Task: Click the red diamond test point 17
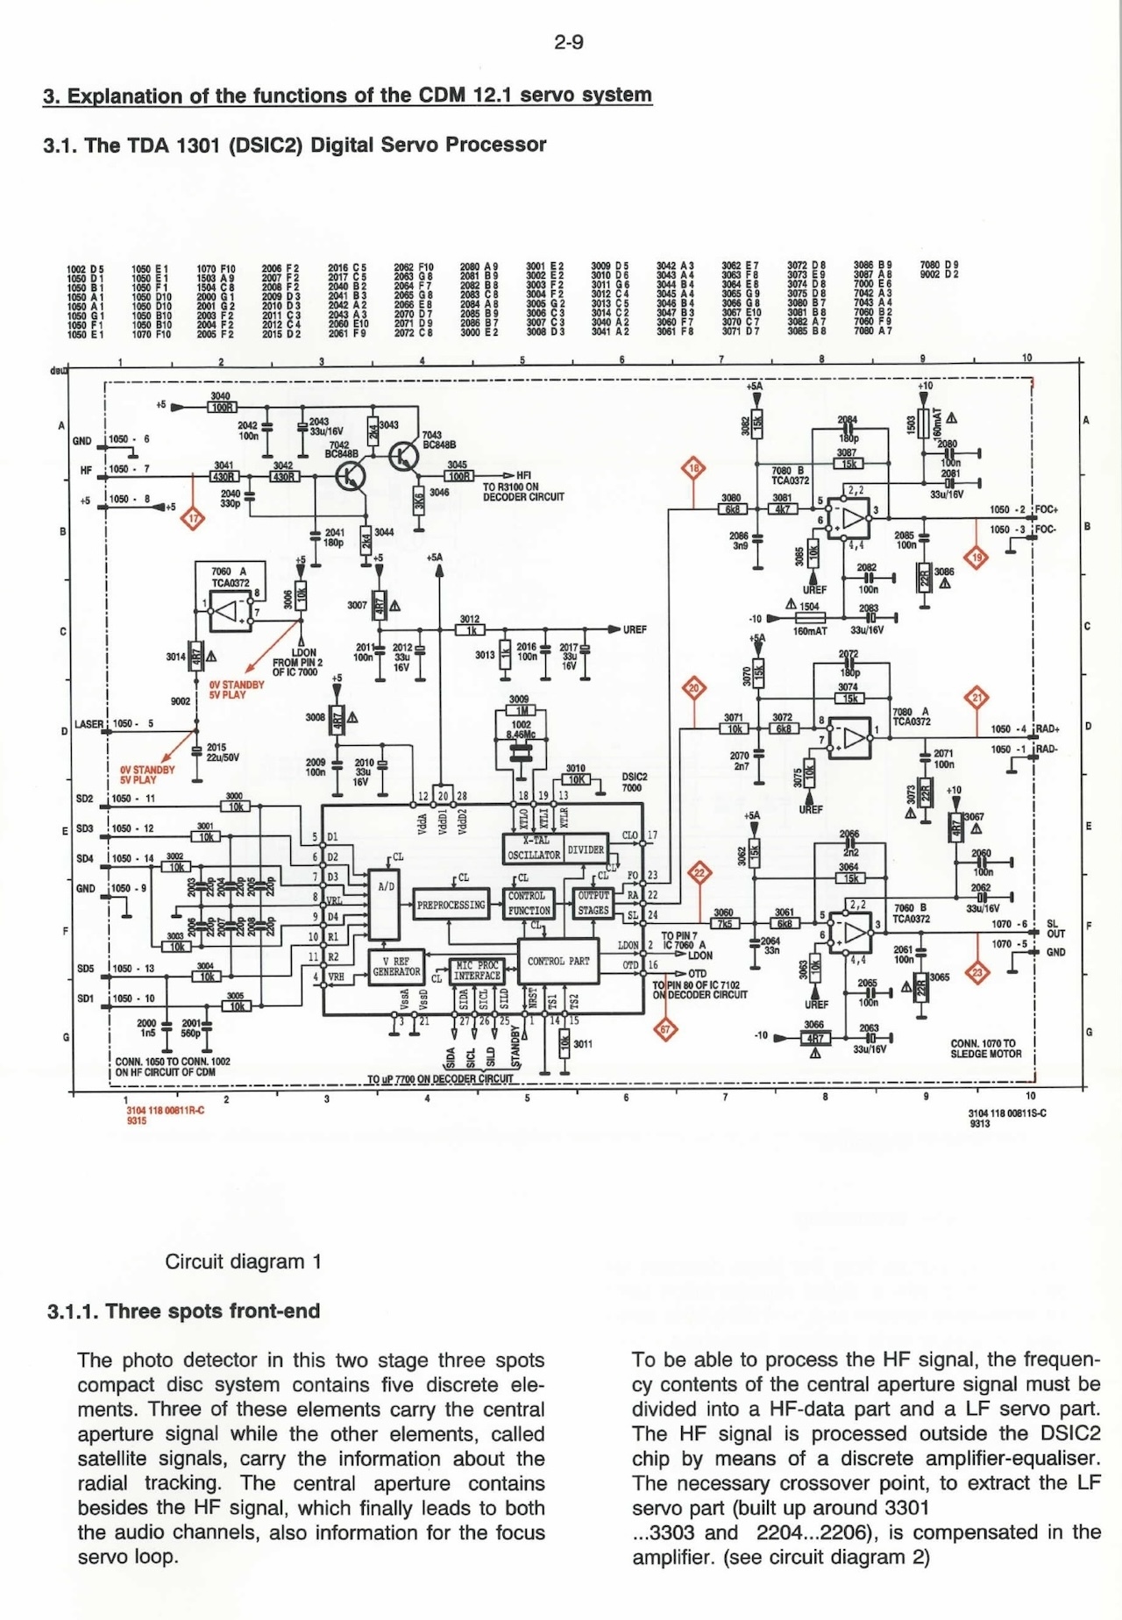point(192,519)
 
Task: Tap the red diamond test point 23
point(978,972)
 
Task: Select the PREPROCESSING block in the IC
point(451,905)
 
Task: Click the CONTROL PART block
point(558,962)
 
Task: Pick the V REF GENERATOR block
point(396,967)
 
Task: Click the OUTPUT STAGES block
point(593,903)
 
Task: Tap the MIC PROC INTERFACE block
point(477,970)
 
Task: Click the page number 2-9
point(569,42)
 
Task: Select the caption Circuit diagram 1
point(244,1261)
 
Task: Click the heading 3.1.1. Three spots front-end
point(184,1311)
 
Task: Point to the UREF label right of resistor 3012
point(635,629)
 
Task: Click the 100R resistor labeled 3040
point(222,407)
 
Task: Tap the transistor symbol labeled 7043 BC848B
point(404,456)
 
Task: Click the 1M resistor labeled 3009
point(522,710)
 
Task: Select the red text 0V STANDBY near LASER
point(147,771)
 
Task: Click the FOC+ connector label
point(1047,509)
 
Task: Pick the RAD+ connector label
point(1047,728)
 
